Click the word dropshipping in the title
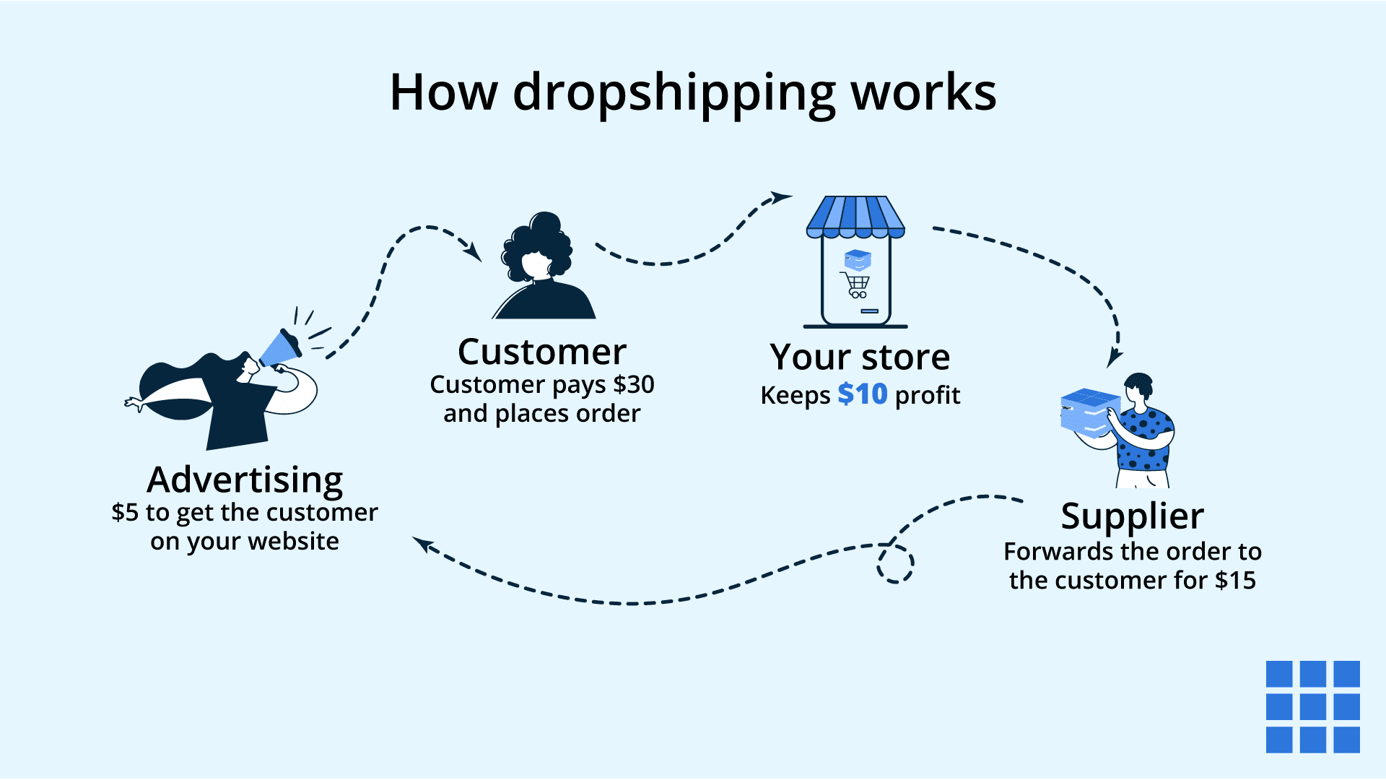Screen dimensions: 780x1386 tap(674, 94)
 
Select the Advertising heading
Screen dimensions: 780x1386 tap(245, 480)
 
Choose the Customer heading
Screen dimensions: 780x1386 tap(542, 352)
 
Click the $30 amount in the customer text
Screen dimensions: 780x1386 tap(633, 385)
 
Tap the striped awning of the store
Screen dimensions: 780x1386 tap(855, 216)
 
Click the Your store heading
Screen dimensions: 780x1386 tap(860, 357)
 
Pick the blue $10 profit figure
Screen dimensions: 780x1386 tap(862, 395)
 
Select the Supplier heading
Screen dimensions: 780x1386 tap(1132, 516)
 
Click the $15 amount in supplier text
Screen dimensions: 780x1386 tap(1235, 581)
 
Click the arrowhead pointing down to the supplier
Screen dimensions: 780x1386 tap(1114, 358)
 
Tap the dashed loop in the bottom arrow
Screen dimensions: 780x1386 tap(895, 563)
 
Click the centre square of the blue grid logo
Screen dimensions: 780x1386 tap(1312, 706)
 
